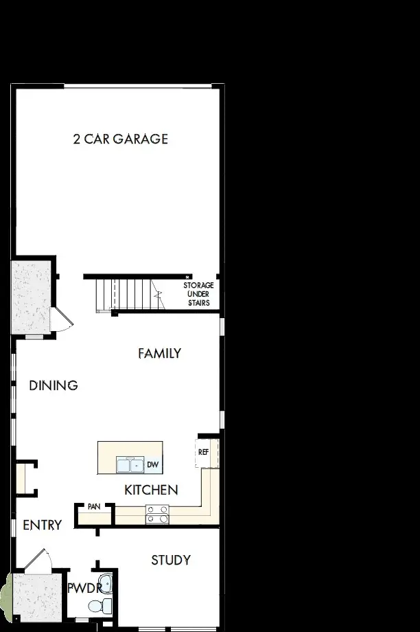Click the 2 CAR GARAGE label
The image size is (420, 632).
(120, 139)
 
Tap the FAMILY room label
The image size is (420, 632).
(159, 353)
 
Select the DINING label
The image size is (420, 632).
(54, 385)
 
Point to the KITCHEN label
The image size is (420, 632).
(151, 490)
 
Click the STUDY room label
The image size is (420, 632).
(171, 561)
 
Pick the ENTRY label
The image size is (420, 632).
(42, 526)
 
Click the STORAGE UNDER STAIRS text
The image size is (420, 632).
(198, 294)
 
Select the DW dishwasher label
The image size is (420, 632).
(153, 466)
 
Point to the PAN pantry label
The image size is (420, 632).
(94, 507)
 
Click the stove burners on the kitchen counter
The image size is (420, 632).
(157, 514)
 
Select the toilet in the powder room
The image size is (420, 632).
(100, 605)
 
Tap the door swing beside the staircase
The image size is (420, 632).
(62, 320)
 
